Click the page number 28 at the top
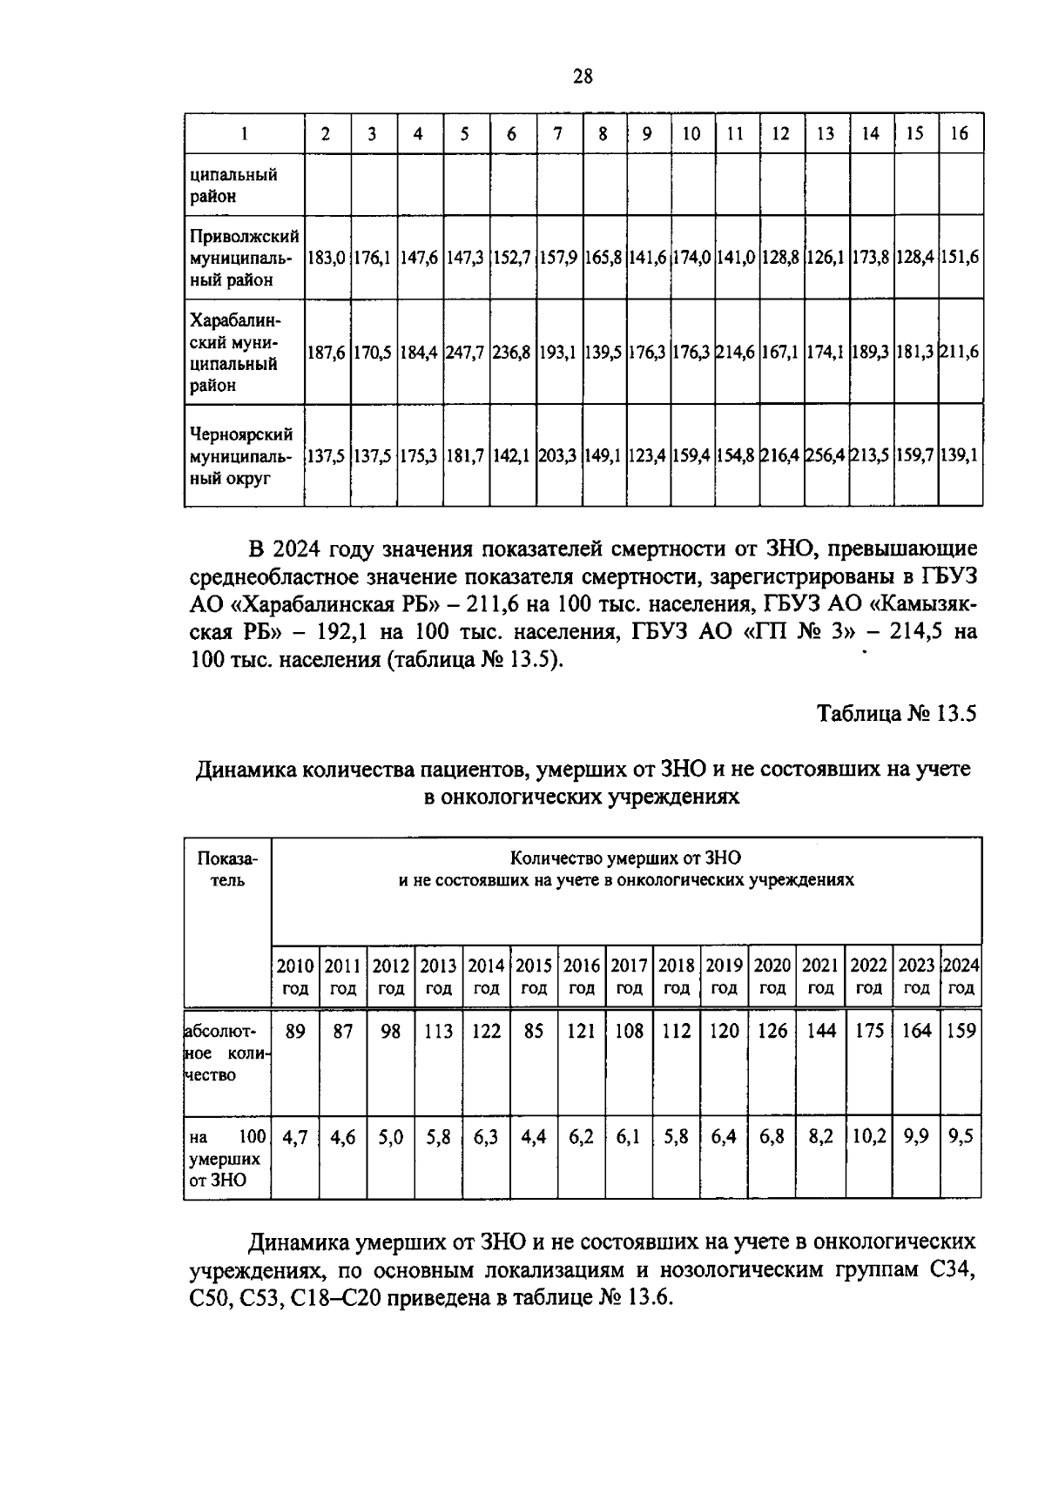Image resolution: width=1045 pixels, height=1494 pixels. [583, 77]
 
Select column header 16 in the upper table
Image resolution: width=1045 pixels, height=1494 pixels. [960, 134]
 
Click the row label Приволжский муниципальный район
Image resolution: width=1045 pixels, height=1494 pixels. [244, 258]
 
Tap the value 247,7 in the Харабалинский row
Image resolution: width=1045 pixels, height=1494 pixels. [465, 353]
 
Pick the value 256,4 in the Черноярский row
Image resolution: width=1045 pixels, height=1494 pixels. [826, 455]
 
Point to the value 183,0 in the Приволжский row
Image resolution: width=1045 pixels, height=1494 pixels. [327, 258]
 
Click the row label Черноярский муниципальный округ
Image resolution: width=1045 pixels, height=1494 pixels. [242, 455]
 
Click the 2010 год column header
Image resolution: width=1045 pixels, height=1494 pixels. [295, 976]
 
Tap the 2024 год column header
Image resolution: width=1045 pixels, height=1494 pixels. [961, 976]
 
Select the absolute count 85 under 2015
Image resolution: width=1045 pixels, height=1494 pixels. [534, 1031]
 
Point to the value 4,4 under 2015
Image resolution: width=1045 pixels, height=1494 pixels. [534, 1137]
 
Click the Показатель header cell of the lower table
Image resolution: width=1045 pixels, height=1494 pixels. [227, 869]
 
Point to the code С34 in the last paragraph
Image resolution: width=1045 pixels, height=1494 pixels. [952, 1270]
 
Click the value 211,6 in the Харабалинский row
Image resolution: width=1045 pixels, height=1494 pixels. [960, 353]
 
